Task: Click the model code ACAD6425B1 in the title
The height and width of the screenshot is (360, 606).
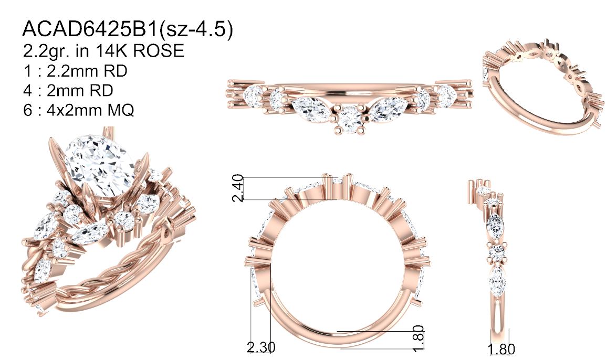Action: (x=90, y=28)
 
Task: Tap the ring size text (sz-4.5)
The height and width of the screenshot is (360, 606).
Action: (x=197, y=29)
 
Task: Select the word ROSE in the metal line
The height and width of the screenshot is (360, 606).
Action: (x=159, y=50)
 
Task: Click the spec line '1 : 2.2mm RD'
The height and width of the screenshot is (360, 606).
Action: (x=75, y=71)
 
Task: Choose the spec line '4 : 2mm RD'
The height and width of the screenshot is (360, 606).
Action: (x=68, y=90)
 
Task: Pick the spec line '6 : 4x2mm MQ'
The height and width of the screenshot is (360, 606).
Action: (x=78, y=110)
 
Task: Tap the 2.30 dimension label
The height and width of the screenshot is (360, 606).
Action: (x=262, y=347)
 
